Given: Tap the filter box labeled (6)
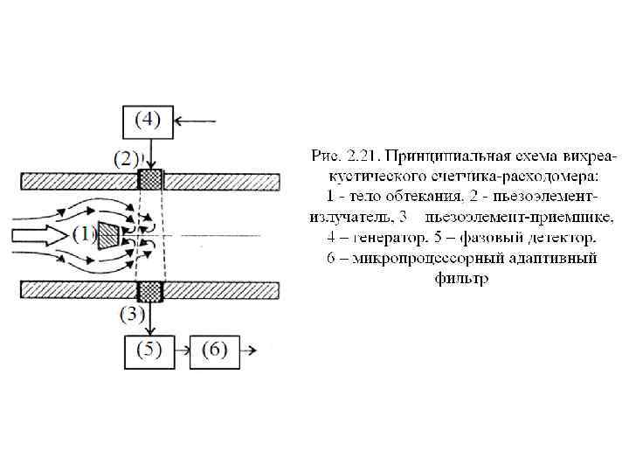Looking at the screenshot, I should [214, 351].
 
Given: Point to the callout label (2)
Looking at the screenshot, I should [128, 159].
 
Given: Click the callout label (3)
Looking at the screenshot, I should [131, 315].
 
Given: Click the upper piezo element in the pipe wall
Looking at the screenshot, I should [152, 181].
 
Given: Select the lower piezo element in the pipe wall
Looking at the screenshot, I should [152, 291].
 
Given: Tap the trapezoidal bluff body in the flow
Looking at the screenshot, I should [109, 234].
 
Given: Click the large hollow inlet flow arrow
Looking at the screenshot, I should [37, 236].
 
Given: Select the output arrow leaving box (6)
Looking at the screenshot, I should [247, 351].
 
